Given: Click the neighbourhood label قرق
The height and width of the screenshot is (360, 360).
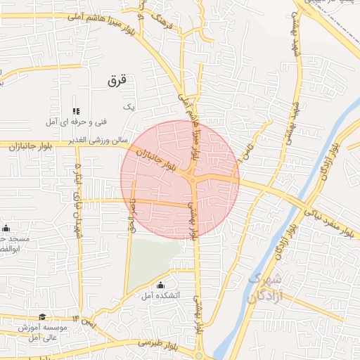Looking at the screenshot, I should click(116, 80).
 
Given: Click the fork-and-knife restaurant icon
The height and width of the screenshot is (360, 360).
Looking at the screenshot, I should click(76, 111).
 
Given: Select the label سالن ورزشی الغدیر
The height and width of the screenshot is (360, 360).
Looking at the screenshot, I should click(98, 141).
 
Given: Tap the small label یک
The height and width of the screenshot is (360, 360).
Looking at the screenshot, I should click(127, 106).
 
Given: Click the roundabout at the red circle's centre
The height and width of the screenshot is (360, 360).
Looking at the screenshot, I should click(193, 181).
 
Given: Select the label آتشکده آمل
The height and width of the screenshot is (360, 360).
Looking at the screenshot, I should click(161, 296).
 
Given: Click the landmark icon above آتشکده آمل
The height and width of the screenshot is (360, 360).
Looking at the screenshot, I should click(161, 285).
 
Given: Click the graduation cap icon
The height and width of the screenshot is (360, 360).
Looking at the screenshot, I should click(42, 318).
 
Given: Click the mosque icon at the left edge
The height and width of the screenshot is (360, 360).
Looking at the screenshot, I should click(6, 228).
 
